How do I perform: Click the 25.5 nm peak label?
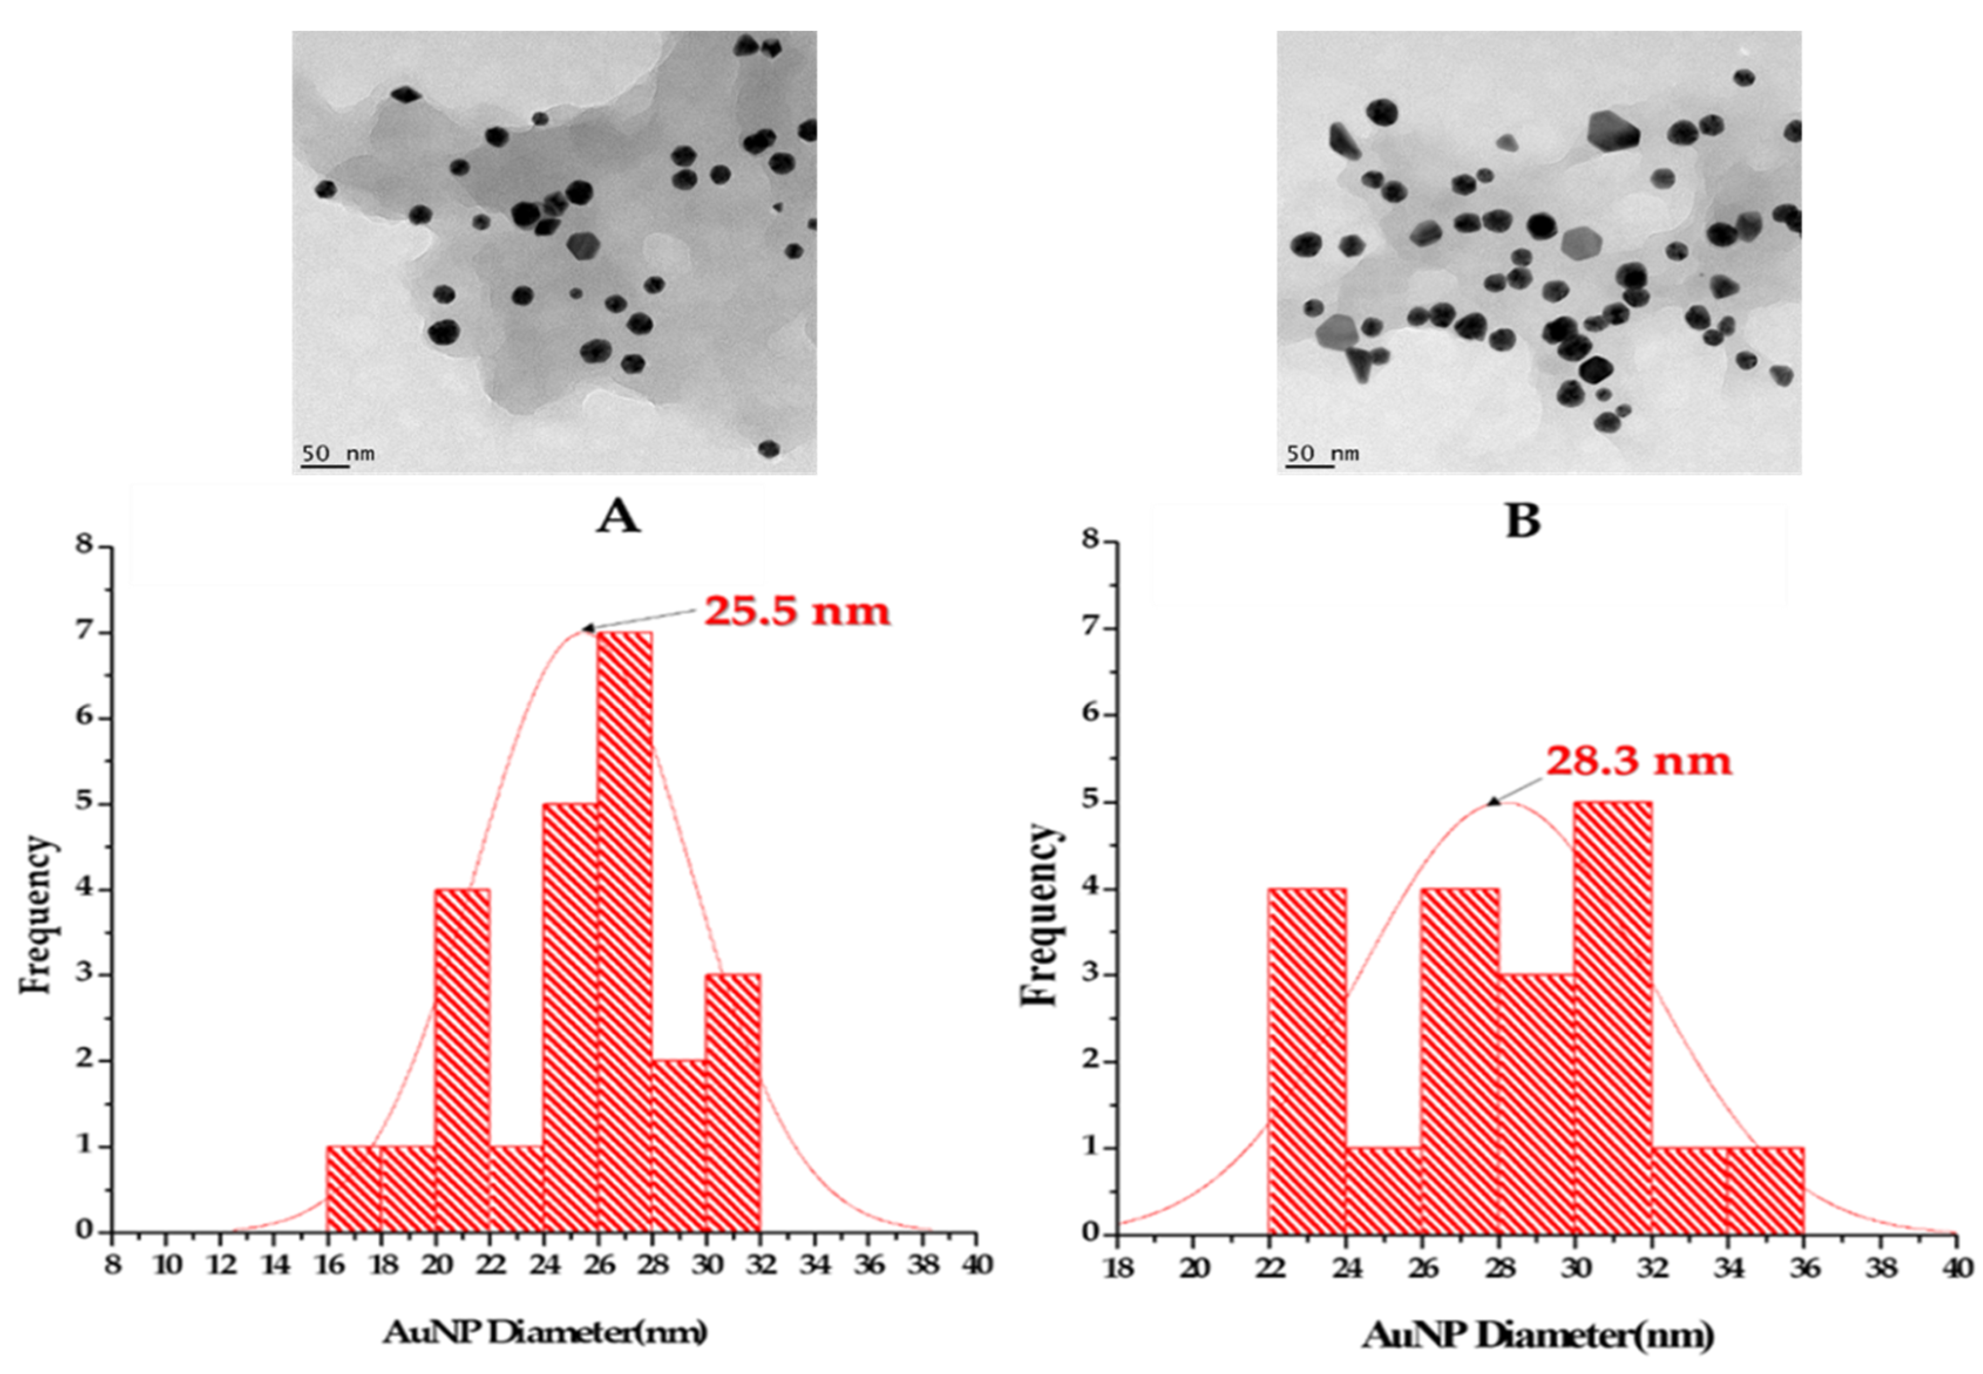[x=796, y=612]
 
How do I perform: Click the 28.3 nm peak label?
[x=1638, y=762]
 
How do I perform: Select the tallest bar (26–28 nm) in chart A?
[x=624, y=930]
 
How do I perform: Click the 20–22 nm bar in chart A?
[x=463, y=1059]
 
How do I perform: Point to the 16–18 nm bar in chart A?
[x=353, y=1188]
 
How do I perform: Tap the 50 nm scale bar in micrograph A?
[x=325, y=466]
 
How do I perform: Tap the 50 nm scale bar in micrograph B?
[x=1310, y=466]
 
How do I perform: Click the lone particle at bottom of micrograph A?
[x=768, y=448]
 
